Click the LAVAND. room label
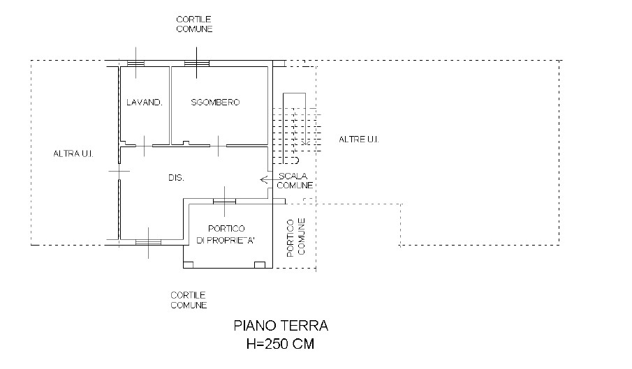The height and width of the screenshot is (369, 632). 145,103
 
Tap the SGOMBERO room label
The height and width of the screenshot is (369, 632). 215,103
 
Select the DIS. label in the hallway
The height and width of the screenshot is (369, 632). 176,177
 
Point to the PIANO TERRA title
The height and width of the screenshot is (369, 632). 281,325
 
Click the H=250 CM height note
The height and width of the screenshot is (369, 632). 280,344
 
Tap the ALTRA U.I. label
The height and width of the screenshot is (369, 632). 73,153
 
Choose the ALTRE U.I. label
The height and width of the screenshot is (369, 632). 359,140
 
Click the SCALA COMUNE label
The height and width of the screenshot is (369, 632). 295,181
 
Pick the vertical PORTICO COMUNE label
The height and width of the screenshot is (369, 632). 296,237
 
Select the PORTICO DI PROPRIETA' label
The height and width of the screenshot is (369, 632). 226,234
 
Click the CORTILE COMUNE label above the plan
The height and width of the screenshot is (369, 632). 194,24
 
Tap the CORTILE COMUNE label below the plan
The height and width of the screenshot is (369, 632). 189,300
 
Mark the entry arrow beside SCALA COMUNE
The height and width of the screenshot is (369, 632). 264,179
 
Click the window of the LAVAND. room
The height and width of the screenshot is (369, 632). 135,63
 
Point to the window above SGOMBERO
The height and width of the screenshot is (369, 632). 197,63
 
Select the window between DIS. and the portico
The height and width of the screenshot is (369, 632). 224,201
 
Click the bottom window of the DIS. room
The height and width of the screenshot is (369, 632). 148,242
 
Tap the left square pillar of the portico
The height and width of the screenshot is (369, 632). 189,265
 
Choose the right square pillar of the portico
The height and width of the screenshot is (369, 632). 260,265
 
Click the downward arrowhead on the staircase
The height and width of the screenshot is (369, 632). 305,142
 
